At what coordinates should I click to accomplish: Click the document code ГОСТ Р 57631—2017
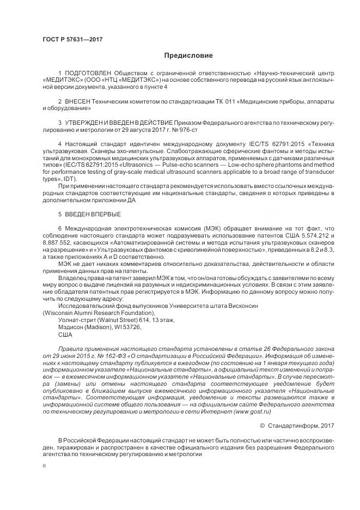click(x=72, y=39)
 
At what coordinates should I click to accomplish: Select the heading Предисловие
click(x=187, y=56)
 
